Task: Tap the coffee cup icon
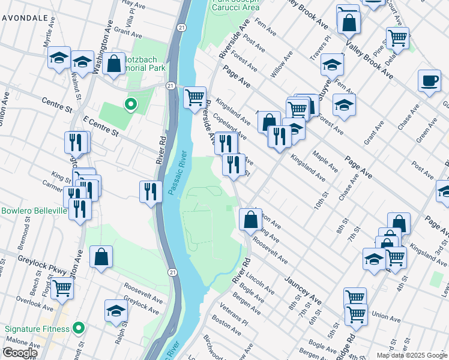[x=429, y=81]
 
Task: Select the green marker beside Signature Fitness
[x=78, y=328]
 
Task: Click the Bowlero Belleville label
[x=34, y=211]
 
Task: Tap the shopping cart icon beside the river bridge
[x=194, y=97]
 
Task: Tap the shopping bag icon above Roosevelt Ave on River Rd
[x=250, y=219]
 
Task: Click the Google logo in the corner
[x=19, y=353]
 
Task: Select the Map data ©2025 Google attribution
[x=412, y=355]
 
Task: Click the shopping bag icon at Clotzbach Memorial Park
[x=113, y=64]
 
